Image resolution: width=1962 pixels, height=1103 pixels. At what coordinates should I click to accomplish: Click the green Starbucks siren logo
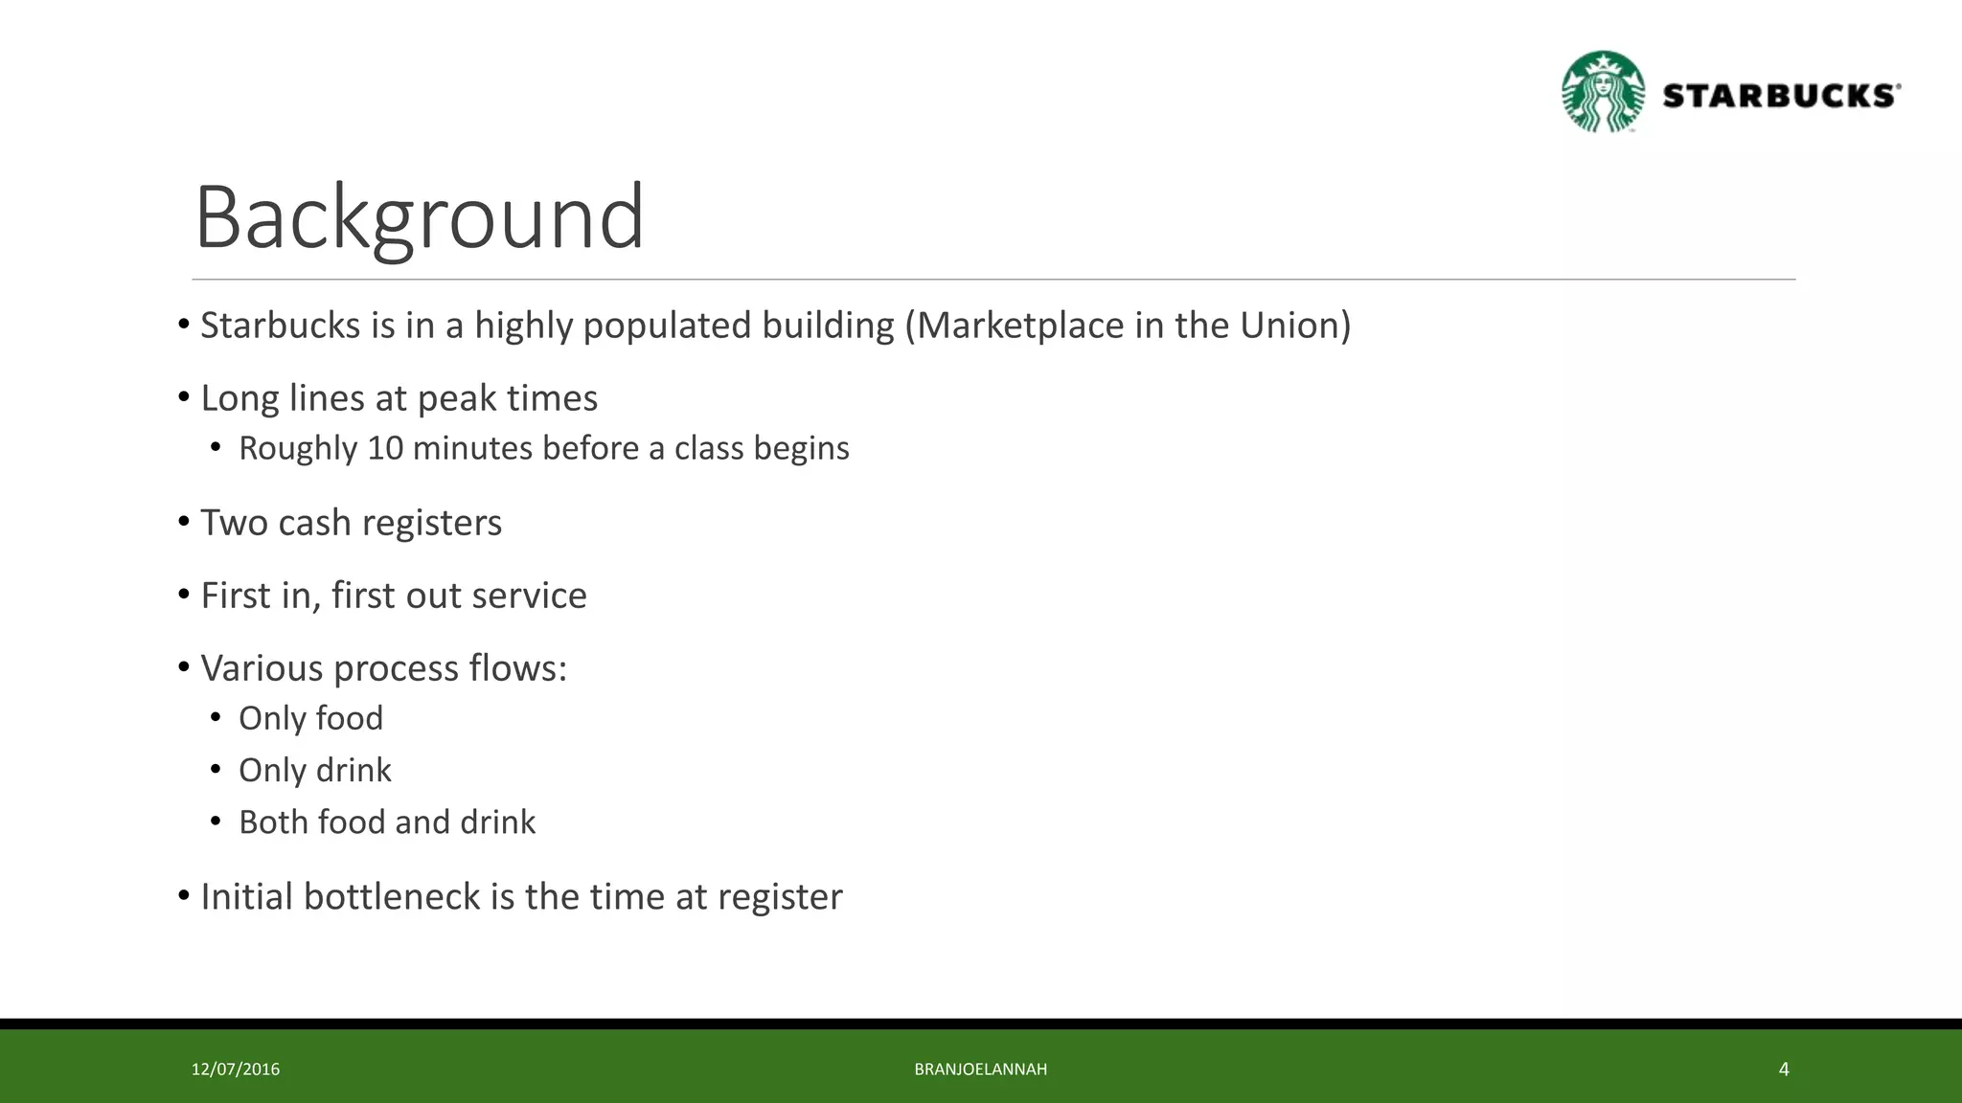pos(1603,92)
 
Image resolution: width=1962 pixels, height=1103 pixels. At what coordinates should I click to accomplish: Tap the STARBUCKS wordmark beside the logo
pos(1780,96)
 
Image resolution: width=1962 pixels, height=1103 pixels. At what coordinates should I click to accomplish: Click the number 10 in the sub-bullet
pos(385,448)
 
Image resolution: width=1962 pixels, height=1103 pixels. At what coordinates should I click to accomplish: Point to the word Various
pos(262,668)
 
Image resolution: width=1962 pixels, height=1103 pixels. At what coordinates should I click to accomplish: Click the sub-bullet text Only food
pos(310,718)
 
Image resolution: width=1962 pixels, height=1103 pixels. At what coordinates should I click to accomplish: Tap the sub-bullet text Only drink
pos(314,770)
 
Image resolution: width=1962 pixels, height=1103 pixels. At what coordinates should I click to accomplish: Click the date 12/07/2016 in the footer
pos(236,1069)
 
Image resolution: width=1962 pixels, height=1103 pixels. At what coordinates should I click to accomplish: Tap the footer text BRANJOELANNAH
pos(980,1069)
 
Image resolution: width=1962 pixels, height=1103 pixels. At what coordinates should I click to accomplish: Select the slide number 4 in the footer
pos(1784,1069)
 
